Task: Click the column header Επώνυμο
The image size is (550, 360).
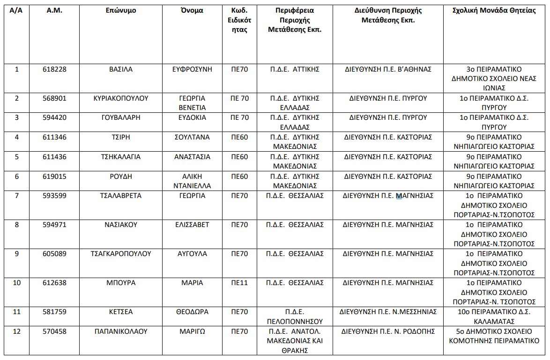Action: [121, 11]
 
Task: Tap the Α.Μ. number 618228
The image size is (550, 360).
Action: [54, 69]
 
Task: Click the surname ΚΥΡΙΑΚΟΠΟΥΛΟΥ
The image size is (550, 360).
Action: [121, 98]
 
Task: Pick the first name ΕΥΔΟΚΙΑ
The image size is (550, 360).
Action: [192, 118]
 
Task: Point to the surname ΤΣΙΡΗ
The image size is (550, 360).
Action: [121, 137]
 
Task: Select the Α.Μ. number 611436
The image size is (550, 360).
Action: [54, 157]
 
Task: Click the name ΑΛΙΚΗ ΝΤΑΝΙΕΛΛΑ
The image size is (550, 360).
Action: [192, 181]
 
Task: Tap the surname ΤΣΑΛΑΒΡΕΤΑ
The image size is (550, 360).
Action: [121, 196]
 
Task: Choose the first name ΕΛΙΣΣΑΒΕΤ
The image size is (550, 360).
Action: [192, 225]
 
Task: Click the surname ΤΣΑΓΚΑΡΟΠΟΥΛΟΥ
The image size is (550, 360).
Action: [121, 254]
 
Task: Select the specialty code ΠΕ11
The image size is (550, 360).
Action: [239, 283]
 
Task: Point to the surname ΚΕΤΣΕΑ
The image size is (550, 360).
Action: [121, 312]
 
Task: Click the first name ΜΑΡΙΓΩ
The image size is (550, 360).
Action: [192, 331]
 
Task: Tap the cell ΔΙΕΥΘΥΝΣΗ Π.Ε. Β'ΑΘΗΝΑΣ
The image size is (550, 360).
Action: [388, 69]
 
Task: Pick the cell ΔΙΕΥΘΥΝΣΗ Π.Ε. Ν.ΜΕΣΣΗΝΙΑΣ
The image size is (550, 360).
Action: [388, 312]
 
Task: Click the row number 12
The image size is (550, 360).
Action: [17, 331]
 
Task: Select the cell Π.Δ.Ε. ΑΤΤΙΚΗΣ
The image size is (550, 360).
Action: [295, 69]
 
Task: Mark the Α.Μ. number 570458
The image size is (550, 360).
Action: [54, 331]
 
